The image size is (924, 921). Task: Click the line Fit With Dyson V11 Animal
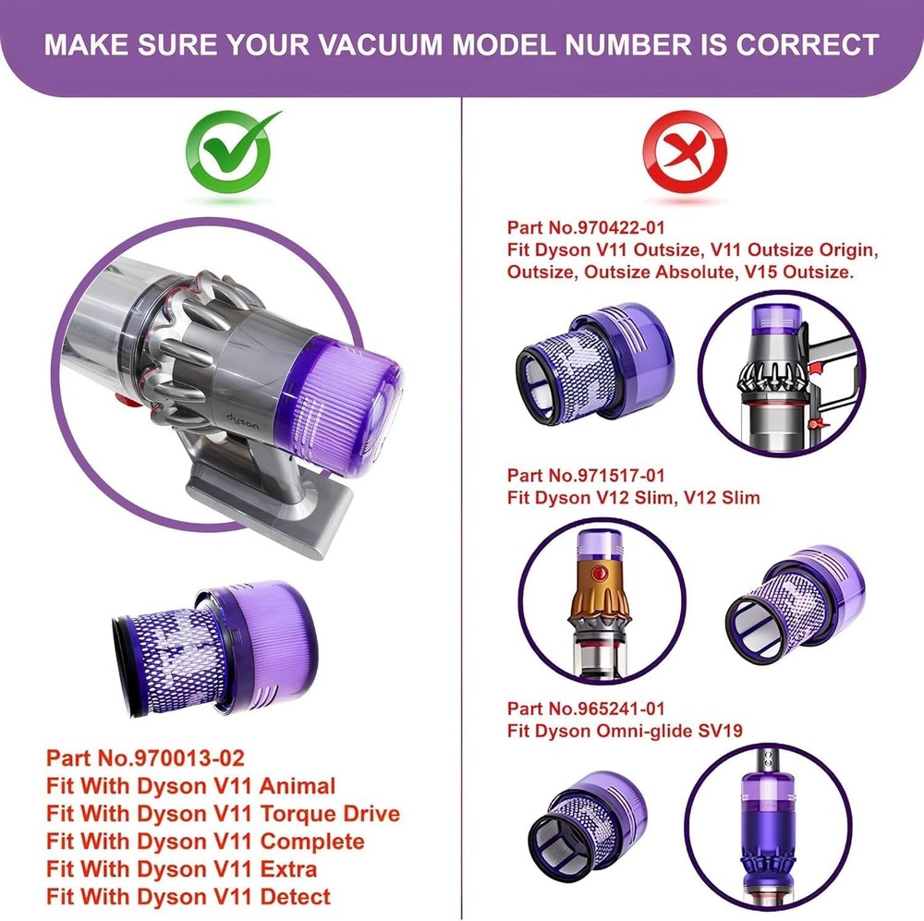[x=190, y=786]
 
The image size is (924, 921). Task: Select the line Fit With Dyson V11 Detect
[x=188, y=896]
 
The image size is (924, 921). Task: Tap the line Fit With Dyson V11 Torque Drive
[x=223, y=814]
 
